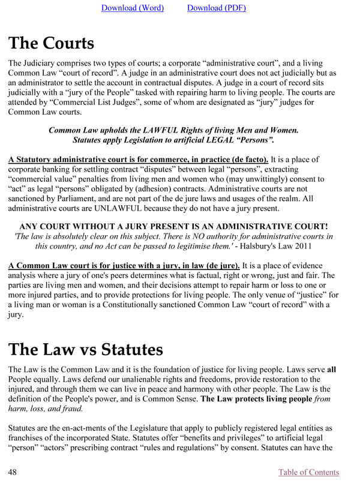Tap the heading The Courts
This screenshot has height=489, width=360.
51,43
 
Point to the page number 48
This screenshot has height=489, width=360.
13,472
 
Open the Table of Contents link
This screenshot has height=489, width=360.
308,472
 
